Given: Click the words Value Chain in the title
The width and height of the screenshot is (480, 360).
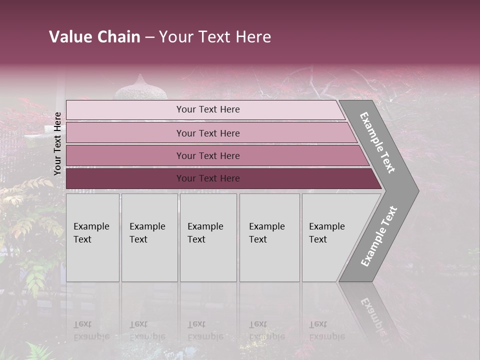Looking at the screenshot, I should tap(94, 37).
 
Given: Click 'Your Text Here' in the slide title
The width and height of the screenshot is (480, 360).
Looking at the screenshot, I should tap(215, 37).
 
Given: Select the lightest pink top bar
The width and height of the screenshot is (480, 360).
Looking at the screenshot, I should tap(207, 109).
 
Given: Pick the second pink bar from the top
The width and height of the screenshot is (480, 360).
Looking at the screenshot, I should tap(207, 133).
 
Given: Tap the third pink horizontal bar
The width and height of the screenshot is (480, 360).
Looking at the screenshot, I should tap(207, 155).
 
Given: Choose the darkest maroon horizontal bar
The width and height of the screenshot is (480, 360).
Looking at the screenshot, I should tap(207, 178).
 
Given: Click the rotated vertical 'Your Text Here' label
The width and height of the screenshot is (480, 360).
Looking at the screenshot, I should tap(57, 143).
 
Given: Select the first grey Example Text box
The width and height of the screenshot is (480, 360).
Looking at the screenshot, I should tap(92, 237).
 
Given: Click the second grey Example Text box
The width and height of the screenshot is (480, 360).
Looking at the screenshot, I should tap(149, 237).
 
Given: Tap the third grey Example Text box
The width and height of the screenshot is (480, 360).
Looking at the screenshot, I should tap(208, 237).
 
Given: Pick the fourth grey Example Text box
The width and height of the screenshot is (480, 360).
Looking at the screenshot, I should tap(269, 237).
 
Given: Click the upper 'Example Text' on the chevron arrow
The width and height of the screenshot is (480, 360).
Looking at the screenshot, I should tap(377, 142).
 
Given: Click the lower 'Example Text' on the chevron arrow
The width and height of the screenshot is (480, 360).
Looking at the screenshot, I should tap(379, 236).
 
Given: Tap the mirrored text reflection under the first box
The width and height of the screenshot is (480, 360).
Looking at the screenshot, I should tap(91, 330).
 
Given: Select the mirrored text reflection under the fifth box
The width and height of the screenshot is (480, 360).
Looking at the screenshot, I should tap(326, 330).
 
